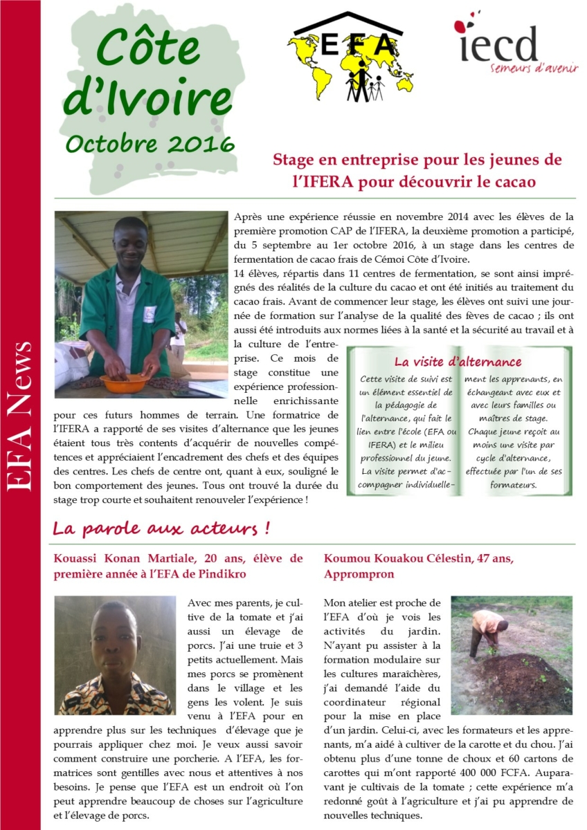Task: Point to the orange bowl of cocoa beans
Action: [125, 382]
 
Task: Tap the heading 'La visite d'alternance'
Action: [458, 362]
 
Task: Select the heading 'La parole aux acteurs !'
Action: [161, 529]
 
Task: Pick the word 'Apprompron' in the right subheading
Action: [359, 574]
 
